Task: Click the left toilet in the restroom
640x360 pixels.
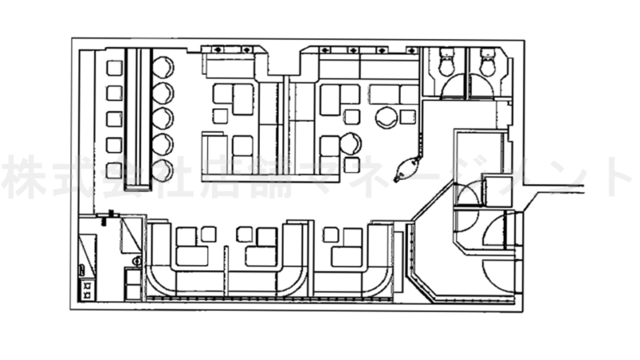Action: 447,62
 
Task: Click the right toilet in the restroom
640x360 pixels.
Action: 487,62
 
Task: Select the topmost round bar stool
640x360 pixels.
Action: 163,67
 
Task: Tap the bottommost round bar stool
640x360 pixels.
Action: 163,170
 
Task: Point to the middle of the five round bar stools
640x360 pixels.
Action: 163,118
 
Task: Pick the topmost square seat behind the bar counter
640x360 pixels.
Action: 114,68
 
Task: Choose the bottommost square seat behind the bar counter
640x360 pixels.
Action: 114,170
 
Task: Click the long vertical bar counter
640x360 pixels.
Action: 138,118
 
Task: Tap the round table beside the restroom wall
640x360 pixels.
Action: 386,118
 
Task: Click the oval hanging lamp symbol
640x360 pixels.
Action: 407,168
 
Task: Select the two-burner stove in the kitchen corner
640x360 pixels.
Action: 87,290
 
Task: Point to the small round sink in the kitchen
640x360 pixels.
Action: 138,261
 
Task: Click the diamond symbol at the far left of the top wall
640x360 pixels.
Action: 218,50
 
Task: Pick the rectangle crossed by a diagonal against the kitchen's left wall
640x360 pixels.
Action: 87,255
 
